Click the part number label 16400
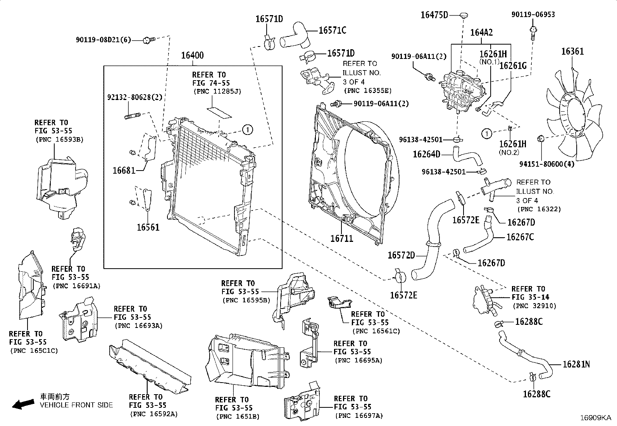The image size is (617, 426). (192, 56)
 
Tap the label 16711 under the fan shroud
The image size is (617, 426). (341, 238)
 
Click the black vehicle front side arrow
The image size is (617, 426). (22, 404)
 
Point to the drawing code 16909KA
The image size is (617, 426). (595, 418)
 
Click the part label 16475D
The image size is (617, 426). (434, 15)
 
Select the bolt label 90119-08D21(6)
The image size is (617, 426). (103, 40)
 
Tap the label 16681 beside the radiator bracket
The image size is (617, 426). (124, 170)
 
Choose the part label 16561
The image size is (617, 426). (148, 227)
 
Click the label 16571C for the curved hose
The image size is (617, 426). (332, 30)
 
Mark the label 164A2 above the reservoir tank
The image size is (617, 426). (481, 32)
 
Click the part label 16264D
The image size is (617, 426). (426, 154)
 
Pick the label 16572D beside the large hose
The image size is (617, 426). (401, 255)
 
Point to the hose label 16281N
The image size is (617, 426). (576, 364)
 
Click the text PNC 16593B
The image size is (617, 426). (59, 140)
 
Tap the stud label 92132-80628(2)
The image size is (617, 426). (134, 97)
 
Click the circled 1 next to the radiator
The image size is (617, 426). (248, 129)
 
